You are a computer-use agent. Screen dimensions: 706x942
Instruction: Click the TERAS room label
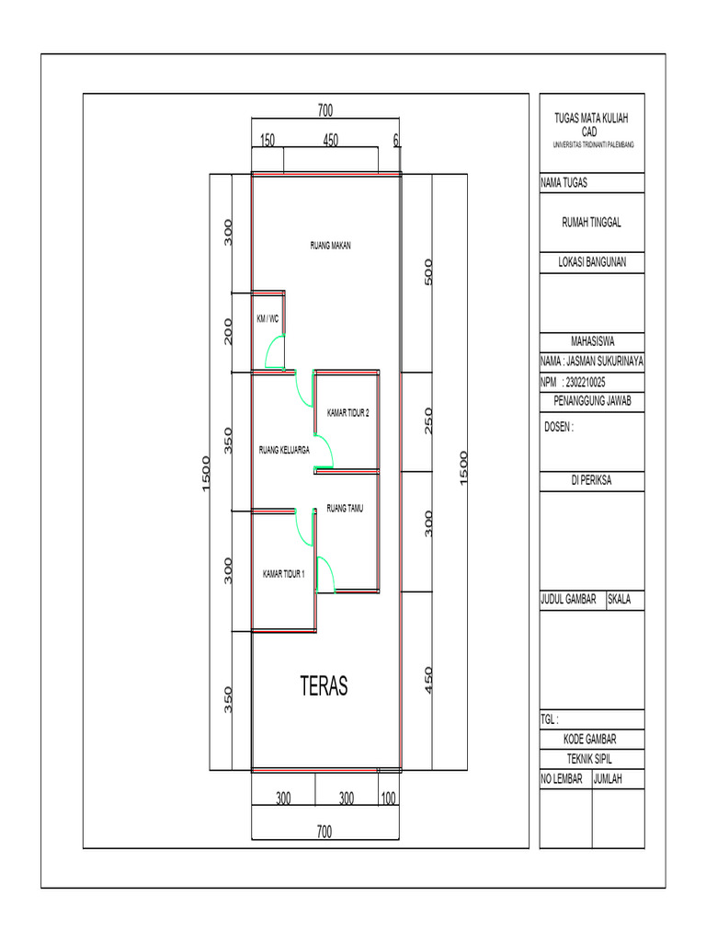point(324,685)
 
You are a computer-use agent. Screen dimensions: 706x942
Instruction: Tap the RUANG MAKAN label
point(330,245)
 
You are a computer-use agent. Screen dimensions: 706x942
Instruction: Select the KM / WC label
point(268,318)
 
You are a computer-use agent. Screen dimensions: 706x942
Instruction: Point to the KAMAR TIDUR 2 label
point(348,413)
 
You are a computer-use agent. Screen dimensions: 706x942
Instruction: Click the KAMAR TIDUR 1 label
point(283,574)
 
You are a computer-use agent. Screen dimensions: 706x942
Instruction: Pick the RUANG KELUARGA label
point(284,449)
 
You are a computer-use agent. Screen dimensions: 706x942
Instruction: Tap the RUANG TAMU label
point(345,508)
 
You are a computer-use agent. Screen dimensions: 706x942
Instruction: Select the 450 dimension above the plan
point(331,140)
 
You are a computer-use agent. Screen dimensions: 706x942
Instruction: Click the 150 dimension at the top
point(268,140)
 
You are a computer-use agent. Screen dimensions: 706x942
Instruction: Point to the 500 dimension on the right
point(428,272)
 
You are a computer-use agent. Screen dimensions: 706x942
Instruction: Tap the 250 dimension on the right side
point(428,421)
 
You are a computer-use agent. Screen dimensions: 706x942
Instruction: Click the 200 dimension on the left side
point(228,331)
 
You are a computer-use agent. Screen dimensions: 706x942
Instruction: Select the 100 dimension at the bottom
point(389,798)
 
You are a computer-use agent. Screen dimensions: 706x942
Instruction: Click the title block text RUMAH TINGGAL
point(591,223)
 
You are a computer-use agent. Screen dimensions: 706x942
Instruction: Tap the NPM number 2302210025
point(586,382)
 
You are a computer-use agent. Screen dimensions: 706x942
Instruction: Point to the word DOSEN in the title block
point(556,427)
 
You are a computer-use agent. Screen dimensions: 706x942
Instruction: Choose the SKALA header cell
point(625,600)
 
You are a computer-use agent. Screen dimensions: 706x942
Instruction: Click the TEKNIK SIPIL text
point(589,759)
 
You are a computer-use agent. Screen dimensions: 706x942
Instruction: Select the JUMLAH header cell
point(619,779)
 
